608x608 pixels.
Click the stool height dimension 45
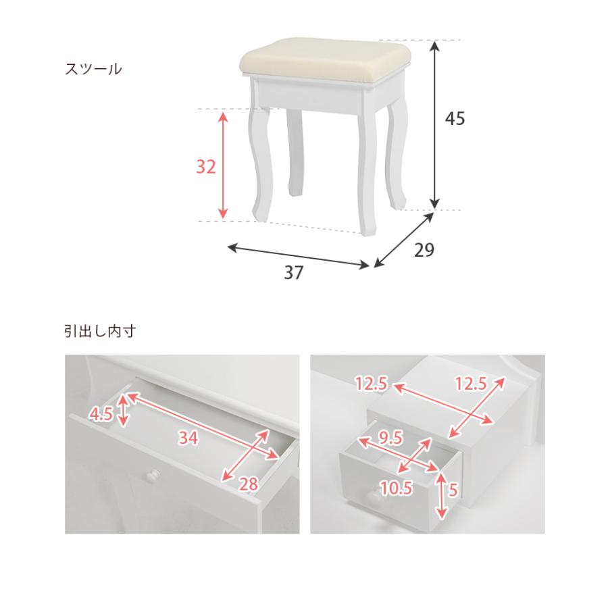pos(455,118)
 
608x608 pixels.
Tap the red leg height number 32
pos(205,167)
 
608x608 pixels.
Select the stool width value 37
pos(294,273)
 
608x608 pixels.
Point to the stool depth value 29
pos(424,250)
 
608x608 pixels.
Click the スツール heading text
pos(93,70)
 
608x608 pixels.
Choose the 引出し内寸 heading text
pos(100,332)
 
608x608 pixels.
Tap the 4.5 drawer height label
pos(101,415)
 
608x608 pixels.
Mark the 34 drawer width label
pos(188,438)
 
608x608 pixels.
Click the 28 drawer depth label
pos(248,484)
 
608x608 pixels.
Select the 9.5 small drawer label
pos(391,438)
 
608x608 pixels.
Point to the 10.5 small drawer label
pos(397,488)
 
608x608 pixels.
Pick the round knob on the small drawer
pos(373,495)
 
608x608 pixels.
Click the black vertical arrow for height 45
pos(436,124)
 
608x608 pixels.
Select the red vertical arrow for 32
pos(222,165)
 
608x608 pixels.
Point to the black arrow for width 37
pos(298,256)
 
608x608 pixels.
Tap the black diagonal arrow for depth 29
pos(403,240)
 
